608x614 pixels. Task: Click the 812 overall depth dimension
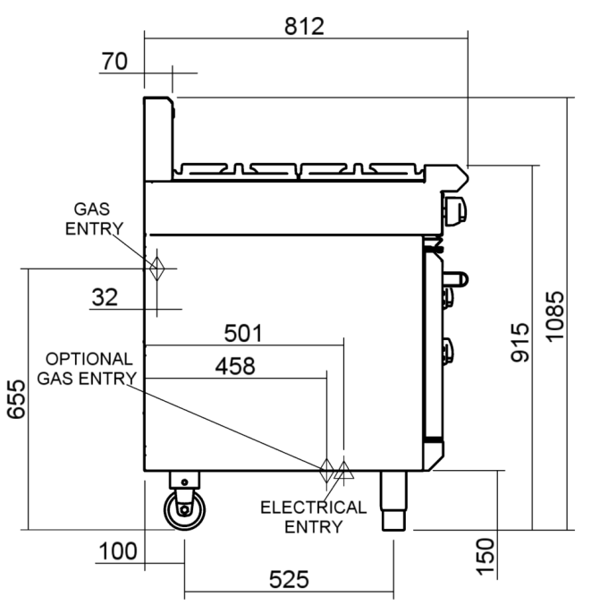click(304, 25)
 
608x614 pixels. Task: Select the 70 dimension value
click(115, 61)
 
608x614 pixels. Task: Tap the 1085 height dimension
click(554, 314)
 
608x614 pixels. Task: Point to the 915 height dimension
click(519, 341)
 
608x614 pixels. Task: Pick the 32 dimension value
click(105, 297)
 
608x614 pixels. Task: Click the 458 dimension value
click(234, 365)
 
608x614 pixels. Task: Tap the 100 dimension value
click(118, 550)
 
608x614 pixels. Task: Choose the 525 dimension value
click(289, 580)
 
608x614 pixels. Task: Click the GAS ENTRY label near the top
click(95, 218)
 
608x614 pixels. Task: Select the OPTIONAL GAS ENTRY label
click(88, 368)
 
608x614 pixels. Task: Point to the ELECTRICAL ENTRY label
click(313, 516)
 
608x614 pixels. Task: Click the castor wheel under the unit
click(183, 511)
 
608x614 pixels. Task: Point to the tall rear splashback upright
click(157, 139)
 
